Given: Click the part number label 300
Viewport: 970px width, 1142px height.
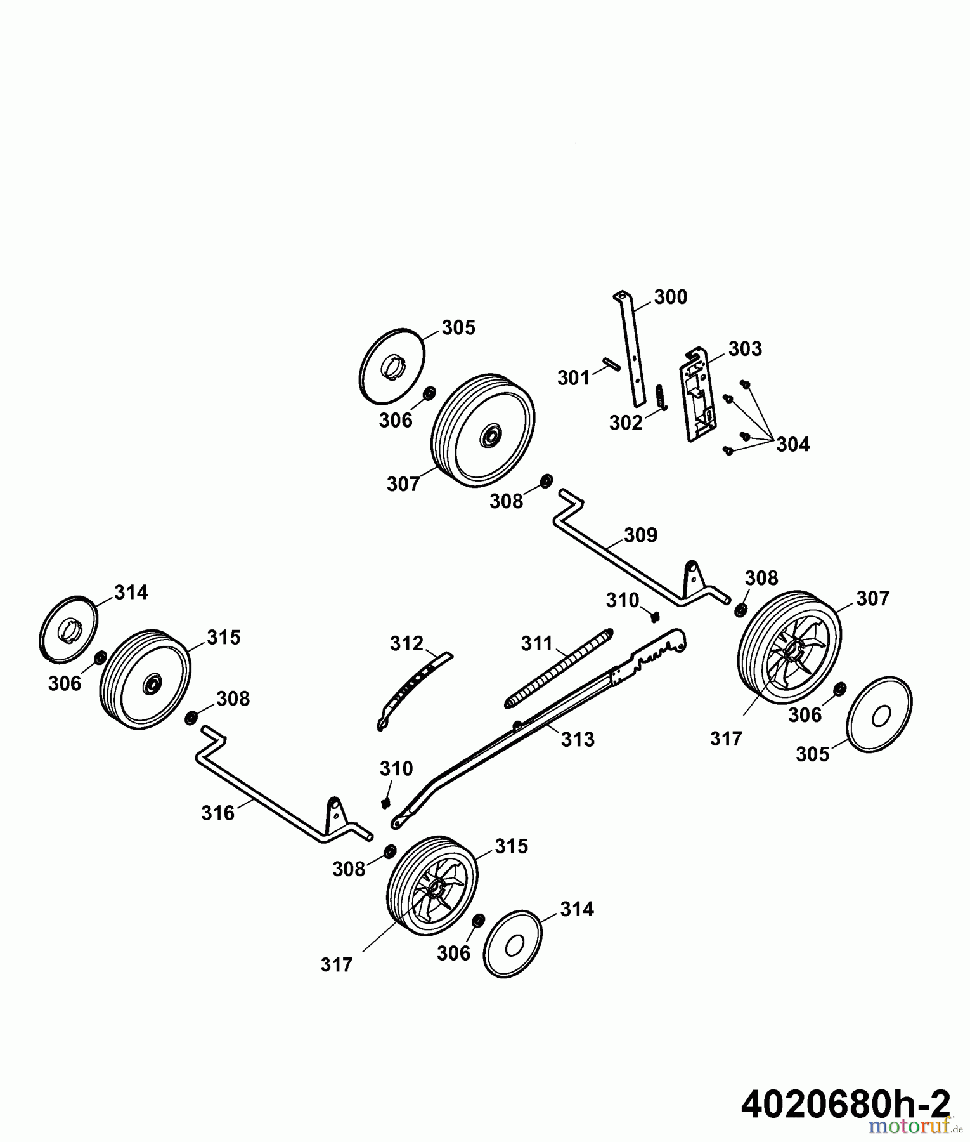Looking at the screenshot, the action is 670,297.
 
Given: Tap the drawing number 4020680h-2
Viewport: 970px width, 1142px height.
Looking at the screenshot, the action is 846,1105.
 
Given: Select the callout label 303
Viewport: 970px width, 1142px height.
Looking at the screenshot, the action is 745,349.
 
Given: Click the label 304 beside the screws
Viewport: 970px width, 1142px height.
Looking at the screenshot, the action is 793,445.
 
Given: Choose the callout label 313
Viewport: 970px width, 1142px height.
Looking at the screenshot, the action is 578,739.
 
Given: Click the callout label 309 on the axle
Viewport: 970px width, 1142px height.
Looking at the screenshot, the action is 640,535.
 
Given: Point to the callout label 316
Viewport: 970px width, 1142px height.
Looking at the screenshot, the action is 218,813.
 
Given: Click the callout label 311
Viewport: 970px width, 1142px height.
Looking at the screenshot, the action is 538,644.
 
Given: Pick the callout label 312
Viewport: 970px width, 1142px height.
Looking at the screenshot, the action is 406,643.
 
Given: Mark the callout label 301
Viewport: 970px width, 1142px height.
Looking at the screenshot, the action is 574,378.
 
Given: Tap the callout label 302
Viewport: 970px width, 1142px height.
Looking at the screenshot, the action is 626,423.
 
